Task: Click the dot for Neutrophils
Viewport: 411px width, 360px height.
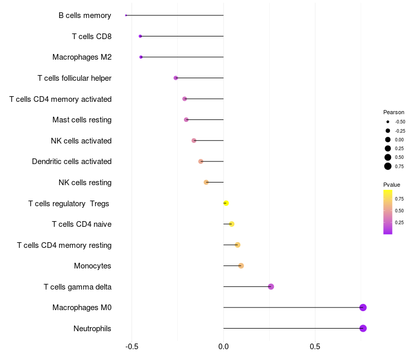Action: tap(363, 328)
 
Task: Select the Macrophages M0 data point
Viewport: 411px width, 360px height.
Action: tap(363, 308)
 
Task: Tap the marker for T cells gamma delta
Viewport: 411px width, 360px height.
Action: tap(271, 286)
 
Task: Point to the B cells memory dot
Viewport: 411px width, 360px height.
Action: tap(126, 15)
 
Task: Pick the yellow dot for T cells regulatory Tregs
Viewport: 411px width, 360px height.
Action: tap(226, 203)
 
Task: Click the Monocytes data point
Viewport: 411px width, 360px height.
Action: tap(241, 266)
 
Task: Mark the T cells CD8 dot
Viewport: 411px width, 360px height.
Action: tap(140, 36)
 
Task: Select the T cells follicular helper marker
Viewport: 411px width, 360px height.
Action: tap(176, 78)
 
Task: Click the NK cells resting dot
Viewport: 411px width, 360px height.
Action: tap(206, 182)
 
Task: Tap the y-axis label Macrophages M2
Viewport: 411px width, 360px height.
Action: tap(82, 57)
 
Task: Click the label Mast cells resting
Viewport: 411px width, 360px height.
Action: tap(82, 120)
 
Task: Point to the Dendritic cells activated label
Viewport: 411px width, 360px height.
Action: tap(71, 161)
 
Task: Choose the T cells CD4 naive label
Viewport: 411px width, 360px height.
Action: tap(82, 224)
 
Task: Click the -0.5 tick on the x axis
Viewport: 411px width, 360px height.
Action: tap(132, 346)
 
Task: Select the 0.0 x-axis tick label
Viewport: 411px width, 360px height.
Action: tap(223, 346)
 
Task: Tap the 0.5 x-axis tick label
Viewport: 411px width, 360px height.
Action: tap(315, 346)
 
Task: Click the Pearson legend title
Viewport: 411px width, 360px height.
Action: tap(394, 112)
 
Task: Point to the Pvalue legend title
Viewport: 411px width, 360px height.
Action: tap(391, 185)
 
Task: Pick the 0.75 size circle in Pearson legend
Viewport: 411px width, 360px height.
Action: tap(388, 166)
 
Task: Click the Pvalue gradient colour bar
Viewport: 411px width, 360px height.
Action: tap(388, 212)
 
